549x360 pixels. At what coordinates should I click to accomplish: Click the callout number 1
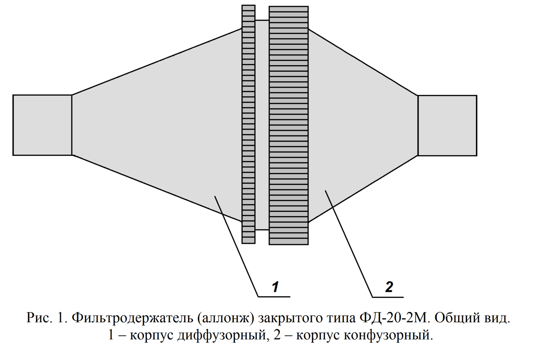(276, 287)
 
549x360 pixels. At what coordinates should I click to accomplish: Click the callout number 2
(389, 287)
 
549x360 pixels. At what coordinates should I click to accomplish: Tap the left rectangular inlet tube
(42, 125)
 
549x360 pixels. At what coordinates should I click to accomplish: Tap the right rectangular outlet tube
(447, 125)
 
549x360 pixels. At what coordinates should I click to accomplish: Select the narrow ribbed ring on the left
(249, 125)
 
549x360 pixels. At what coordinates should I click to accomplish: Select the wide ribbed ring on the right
(288, 125)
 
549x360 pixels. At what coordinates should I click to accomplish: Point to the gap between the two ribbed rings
(262, 125)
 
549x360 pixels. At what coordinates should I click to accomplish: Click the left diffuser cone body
(157, 125)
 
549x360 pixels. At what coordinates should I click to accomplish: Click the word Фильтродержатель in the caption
(132, 318)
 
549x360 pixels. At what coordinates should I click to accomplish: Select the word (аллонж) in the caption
(225, 318)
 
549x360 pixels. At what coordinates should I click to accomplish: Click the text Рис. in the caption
(40, 318)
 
